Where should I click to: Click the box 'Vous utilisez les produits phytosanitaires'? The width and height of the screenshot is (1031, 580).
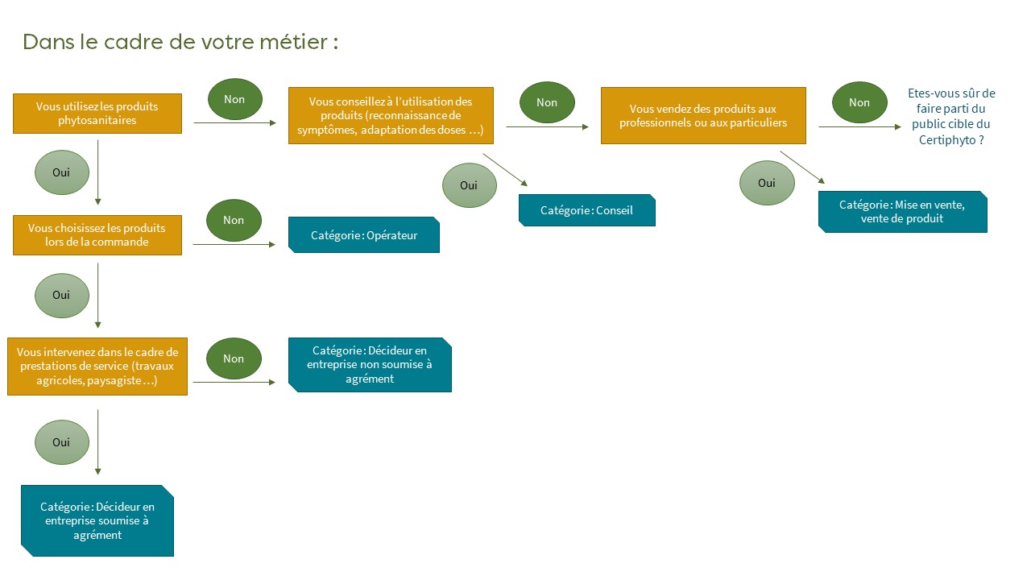click(97, 114)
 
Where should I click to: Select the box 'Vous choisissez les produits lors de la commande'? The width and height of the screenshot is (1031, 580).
click(97, 235)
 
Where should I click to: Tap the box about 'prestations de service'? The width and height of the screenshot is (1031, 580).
click(97, 367)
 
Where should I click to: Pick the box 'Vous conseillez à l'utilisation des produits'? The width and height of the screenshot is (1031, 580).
click(391, 115)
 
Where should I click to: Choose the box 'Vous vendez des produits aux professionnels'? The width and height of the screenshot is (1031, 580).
click(703, 115)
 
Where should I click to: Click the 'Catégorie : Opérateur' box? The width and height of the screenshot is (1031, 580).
click(364, 234)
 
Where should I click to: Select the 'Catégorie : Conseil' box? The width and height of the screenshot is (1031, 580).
click(587, 210)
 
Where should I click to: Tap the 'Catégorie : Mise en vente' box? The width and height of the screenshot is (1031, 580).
click(903, 212)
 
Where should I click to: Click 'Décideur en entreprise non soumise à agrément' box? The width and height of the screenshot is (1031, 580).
click(370, 365)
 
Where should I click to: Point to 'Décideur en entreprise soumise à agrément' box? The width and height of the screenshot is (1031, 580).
click(97, 520)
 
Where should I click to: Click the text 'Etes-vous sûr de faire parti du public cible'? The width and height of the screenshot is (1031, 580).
click(951, 117)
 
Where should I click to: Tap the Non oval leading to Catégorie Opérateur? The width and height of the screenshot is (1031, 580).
click(234, 221)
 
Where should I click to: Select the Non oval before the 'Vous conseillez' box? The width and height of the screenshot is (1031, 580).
click(234, 99)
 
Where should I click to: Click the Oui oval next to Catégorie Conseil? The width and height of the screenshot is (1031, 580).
click(470, 185)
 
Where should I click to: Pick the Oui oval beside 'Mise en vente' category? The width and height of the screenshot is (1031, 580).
click(767, 183)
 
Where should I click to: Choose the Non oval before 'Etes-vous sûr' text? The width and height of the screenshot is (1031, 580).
click(859, 102)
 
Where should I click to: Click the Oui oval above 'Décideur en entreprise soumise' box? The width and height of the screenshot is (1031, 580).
click(62, 442)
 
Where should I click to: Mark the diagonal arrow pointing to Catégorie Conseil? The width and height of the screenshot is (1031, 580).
click(505, 170)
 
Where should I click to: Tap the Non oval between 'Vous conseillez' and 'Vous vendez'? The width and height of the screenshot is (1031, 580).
click(547, 102)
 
